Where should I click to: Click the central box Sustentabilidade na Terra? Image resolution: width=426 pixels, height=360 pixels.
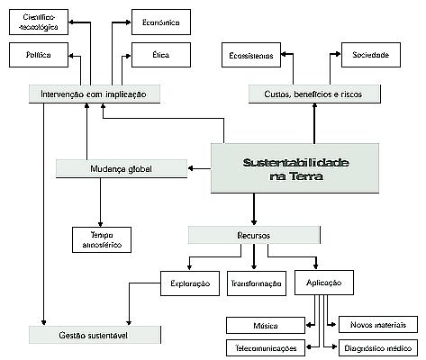(x=283, y=169)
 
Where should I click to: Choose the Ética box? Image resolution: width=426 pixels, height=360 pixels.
(x=160, y=56)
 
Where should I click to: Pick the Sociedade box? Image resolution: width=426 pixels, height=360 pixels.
(x=370, y=56)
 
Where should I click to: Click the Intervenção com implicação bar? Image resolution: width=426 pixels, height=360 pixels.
(x=95, y=93)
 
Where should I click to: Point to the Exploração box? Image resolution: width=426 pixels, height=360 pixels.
(x=189, y=283)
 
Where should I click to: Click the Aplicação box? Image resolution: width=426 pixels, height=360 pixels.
(x=322, y=283)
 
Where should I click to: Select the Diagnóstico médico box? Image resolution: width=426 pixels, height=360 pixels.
(x=376, y=346)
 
